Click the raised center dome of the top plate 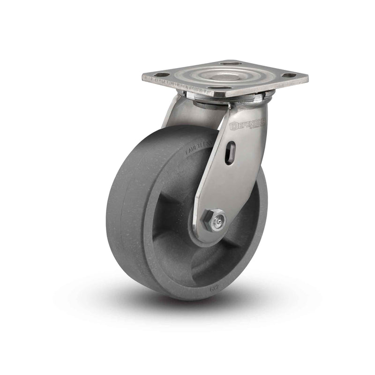(x=224, y=74)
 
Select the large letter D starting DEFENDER (x=233, y=126)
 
